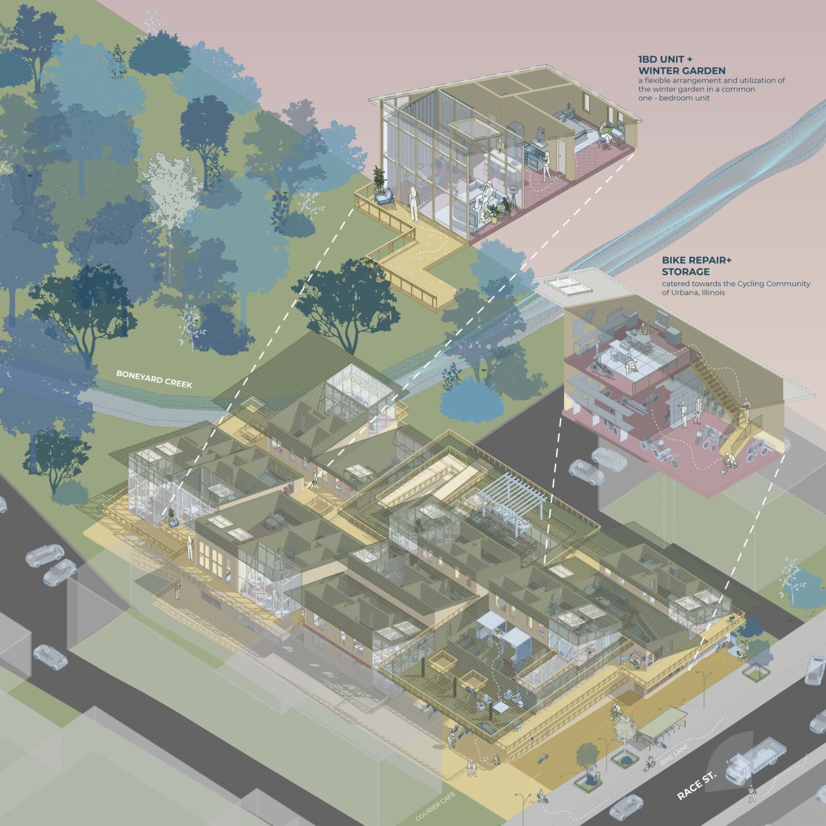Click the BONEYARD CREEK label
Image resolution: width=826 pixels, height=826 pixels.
(154, 379)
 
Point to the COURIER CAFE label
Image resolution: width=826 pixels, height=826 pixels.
(435, 806)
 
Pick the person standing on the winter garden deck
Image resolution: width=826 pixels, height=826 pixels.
(413, 204)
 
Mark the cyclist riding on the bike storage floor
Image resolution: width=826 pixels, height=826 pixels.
(727, 462)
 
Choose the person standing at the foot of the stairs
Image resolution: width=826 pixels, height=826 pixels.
(745, 408)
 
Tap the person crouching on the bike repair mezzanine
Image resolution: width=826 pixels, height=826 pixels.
(630, 367)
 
